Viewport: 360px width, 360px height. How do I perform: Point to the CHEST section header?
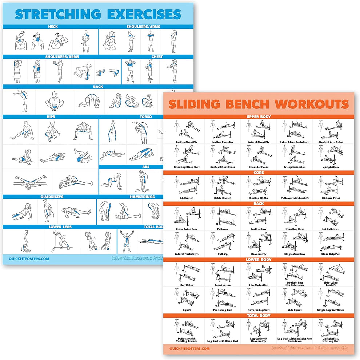[157, 57]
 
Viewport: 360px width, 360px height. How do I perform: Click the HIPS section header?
[51, 117]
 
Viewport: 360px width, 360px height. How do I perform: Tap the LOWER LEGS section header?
[60, 227]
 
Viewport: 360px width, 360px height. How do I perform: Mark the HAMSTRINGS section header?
[142, 197]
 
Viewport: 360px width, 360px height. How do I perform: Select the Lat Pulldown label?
[330, 229]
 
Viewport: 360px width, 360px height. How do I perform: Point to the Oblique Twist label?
[330, 198]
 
